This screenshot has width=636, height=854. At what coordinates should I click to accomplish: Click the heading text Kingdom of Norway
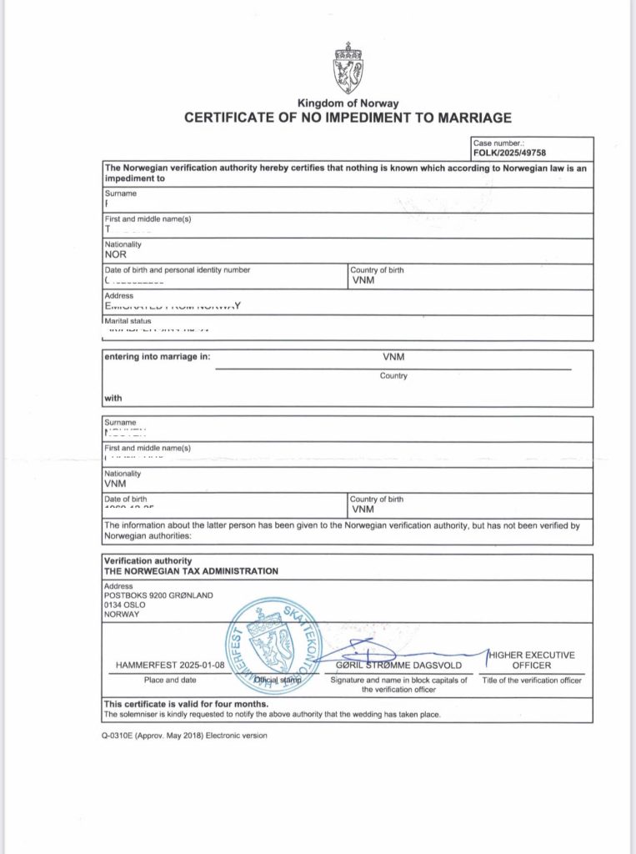point(347,103)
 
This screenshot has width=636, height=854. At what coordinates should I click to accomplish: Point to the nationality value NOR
point(115,254)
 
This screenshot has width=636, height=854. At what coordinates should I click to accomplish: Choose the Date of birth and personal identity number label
point(177,269)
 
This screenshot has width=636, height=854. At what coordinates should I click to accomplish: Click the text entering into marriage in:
point(157,356)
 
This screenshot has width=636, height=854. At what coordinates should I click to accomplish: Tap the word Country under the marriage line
point(393,376)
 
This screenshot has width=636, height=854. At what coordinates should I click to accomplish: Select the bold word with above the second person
point(113,397)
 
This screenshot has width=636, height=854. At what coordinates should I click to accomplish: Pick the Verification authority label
point(148,560)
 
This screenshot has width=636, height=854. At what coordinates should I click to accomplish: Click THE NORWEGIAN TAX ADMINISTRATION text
point(191,571)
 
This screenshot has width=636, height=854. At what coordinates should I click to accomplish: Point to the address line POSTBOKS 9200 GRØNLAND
point(158,595)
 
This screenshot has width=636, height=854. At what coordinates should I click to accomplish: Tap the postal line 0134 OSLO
point(125,605)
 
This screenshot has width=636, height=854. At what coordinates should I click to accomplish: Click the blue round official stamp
point(269,645)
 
